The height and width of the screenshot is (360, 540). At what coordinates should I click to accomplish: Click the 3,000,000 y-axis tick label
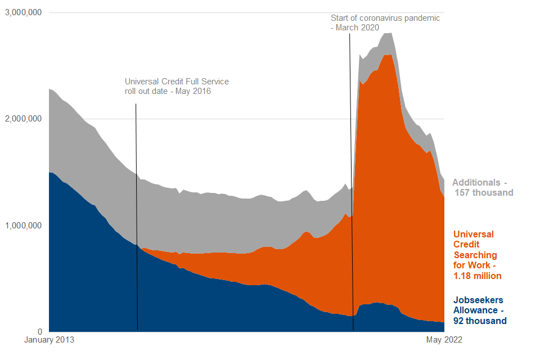(x=24, y=12)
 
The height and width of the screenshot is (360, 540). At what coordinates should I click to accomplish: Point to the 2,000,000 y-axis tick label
(x=24, y=119)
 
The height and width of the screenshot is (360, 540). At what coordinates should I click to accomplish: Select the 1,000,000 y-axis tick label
(x=24, y=225)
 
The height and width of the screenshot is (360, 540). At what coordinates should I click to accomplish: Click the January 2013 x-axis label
(x=50, y=340)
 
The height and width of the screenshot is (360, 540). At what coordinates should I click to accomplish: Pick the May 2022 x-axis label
(x=444, y=340)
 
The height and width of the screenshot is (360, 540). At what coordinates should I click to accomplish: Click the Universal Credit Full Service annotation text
(x=177, y=87)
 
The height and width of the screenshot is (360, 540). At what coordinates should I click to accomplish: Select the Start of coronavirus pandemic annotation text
(x=385, y=22)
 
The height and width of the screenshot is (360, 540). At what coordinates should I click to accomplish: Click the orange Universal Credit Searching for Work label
(x=478, y=255)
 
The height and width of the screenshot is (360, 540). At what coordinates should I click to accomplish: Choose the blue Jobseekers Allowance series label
(x=480, y=310)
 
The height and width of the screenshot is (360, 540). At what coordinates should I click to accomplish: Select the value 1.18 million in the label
(x=478, y=276)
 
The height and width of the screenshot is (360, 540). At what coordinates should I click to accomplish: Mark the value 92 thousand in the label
(x=480, y=321)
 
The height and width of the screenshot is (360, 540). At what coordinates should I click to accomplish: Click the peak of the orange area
(x=388, y=55)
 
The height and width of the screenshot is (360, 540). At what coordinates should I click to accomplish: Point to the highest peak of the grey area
(x=388, y=33)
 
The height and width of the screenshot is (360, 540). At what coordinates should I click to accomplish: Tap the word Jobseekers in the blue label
(x=478, y=300)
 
